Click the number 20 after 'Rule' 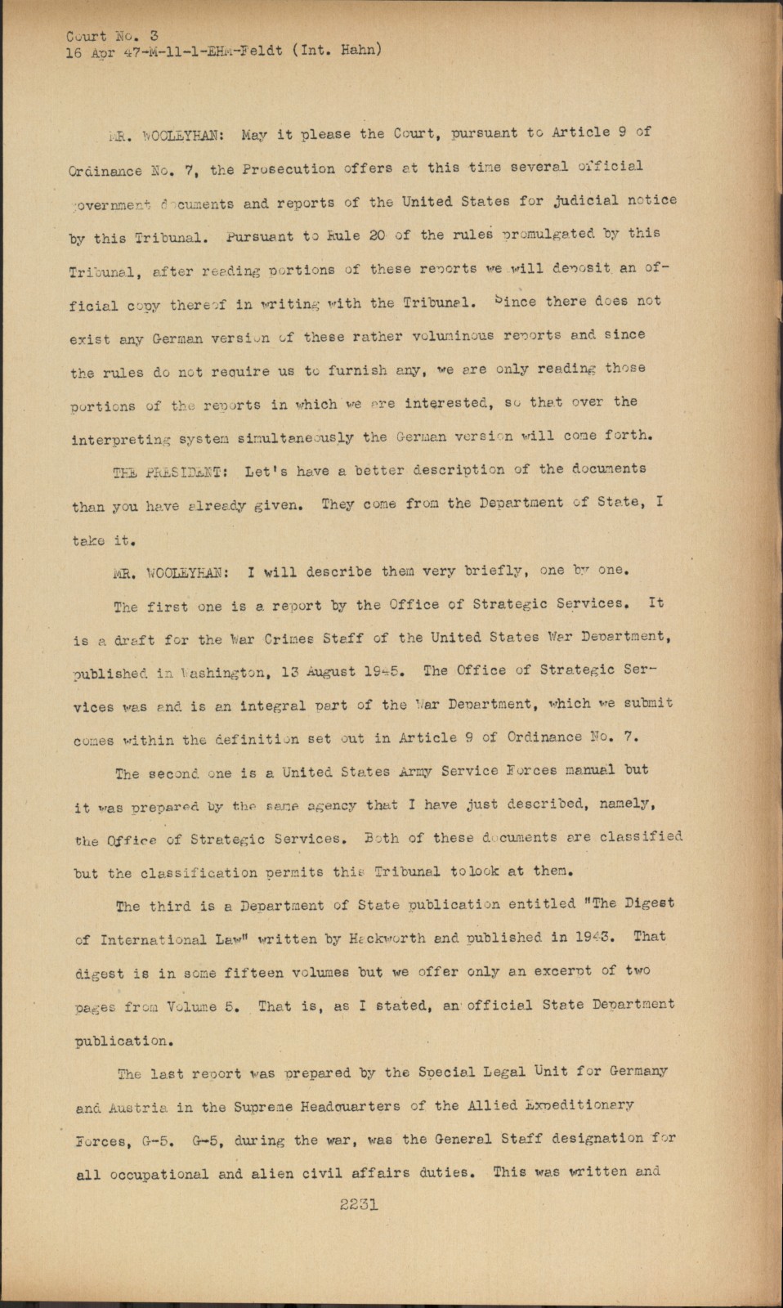[376, 235]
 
